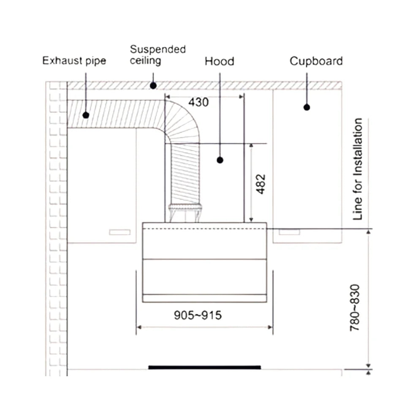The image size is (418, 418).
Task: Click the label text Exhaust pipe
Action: point(74,61)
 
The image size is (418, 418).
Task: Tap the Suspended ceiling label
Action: point(158,55)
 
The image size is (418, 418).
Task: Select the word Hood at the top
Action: point(220,61)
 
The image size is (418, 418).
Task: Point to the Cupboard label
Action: point(316,61)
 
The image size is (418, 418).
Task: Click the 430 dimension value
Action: point(198,102)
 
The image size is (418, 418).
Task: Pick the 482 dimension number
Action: point(261,184)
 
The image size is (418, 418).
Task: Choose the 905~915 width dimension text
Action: point(198,315)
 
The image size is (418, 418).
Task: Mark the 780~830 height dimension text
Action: point(355,308)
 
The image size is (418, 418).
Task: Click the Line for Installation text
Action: point(358,169)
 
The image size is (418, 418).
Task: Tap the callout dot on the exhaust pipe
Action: point(86,115)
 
